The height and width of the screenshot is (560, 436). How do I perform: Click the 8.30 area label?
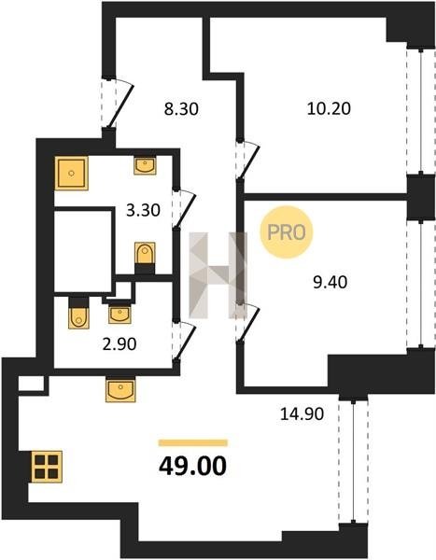click(x=181, y=109)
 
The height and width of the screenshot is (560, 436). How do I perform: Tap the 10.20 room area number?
click(x=329, y=108)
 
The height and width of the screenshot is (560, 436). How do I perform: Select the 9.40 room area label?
click(x=331, y=283)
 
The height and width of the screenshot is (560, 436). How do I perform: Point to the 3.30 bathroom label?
click(x=143, y=210)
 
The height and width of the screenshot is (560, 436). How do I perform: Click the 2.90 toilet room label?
click(x=120, y=344)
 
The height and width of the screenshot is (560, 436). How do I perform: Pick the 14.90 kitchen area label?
click(x=302, y=413)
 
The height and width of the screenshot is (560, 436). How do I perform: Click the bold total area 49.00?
click(x=192, y=466)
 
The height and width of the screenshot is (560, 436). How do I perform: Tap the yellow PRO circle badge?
click(x=287, y=232)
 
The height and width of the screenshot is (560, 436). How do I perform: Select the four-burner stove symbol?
click(x=47, y=467)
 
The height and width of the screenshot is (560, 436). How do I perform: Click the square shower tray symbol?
click(x=72, y=174)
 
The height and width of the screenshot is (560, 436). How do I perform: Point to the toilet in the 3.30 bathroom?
click(x=145, y=253)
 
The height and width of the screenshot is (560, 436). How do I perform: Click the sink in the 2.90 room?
click(x=120, y=315)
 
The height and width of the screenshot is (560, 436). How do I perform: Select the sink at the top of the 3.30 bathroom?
click(x=145, y=166)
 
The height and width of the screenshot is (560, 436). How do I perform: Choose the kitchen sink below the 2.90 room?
click(x=120, y=390)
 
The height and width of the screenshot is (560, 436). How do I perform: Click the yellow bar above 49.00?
click(x=193, y=442)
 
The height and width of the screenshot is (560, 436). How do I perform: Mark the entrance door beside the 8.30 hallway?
click(x=120, y=105)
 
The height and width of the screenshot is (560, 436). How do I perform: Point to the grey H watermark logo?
click(x=218, y=275)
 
